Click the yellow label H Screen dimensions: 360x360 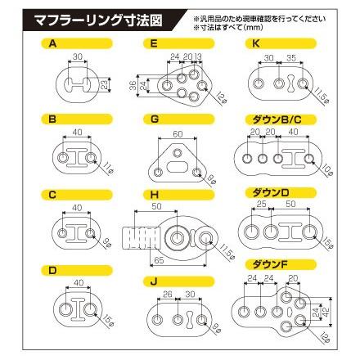coord(154,193)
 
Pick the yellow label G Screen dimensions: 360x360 coord(154,119)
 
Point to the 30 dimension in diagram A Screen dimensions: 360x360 coord(77,57)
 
